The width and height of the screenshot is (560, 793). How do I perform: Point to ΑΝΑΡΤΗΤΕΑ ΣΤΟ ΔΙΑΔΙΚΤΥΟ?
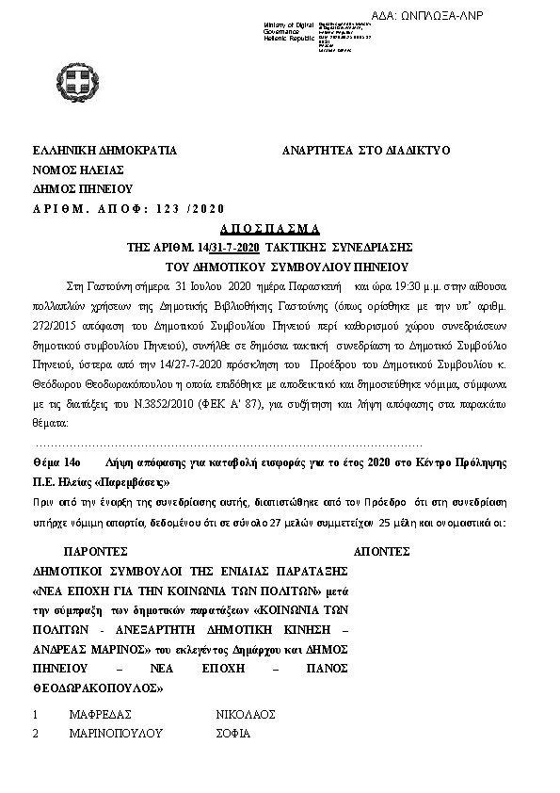[366, 150]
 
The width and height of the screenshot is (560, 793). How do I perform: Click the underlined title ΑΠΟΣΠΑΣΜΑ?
[270, 229]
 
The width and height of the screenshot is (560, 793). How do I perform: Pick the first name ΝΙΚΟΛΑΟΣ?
[247, 715]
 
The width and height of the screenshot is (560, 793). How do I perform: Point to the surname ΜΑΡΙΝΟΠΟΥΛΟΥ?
[117, 733]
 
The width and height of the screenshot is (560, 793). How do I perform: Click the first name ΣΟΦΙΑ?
[234, 733]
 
